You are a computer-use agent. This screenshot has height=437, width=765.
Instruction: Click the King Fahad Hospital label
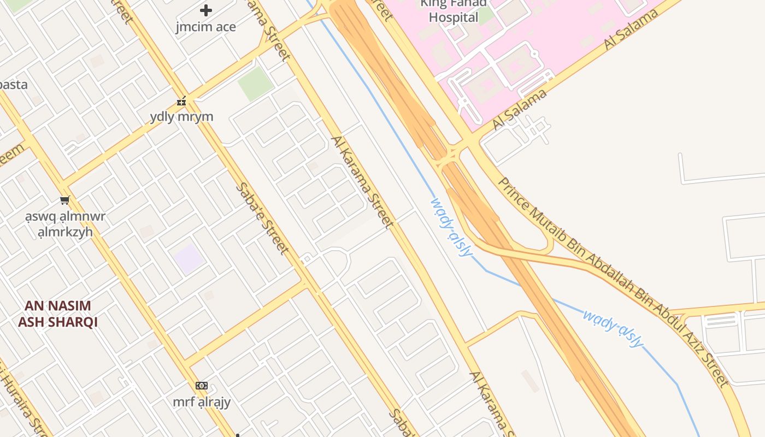(453, 11)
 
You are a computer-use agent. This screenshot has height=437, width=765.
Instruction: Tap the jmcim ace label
(206, 27)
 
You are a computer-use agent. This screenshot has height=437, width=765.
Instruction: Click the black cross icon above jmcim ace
(206, 10)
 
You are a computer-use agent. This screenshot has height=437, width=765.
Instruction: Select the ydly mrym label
(181, 116)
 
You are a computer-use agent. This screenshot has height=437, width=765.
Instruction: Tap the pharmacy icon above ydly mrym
(181, 101)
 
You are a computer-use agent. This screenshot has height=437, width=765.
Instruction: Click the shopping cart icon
(65, 200)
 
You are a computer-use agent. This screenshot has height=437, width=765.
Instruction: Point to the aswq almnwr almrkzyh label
(65, 224)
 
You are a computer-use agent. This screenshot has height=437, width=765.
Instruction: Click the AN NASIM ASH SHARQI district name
(57, 314)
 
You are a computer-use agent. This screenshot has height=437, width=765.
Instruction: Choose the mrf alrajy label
(202, 402)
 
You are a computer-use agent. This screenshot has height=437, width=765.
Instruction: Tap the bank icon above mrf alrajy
(202, 386)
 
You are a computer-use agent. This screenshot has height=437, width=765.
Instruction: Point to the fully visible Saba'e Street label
(262, 218)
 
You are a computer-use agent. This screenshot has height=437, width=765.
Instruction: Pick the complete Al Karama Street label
(362, 182)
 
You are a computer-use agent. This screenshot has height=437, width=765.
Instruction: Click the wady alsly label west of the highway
(451, 227)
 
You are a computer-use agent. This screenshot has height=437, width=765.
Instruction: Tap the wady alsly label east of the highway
(613, 328)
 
